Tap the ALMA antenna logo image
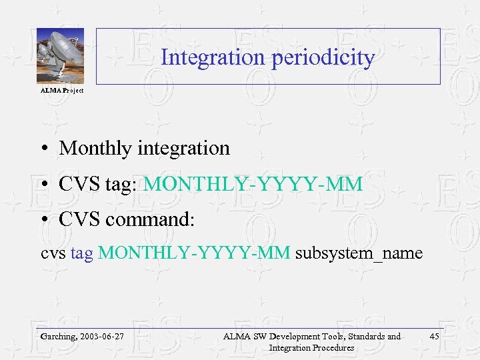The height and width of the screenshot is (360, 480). [x=60, y=57]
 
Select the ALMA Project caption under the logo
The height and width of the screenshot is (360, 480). [x=62, y=91]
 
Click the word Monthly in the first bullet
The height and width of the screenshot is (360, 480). [x=96, y=148]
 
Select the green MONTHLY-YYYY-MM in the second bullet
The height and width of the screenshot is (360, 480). [x=253, y=184]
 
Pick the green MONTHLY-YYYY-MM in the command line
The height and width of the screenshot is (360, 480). [x=194, y=253]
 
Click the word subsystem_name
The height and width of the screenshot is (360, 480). [x=359, y=253]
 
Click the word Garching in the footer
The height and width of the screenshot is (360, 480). [x=58, y=337]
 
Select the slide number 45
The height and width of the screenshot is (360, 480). [x=434, y=337]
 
